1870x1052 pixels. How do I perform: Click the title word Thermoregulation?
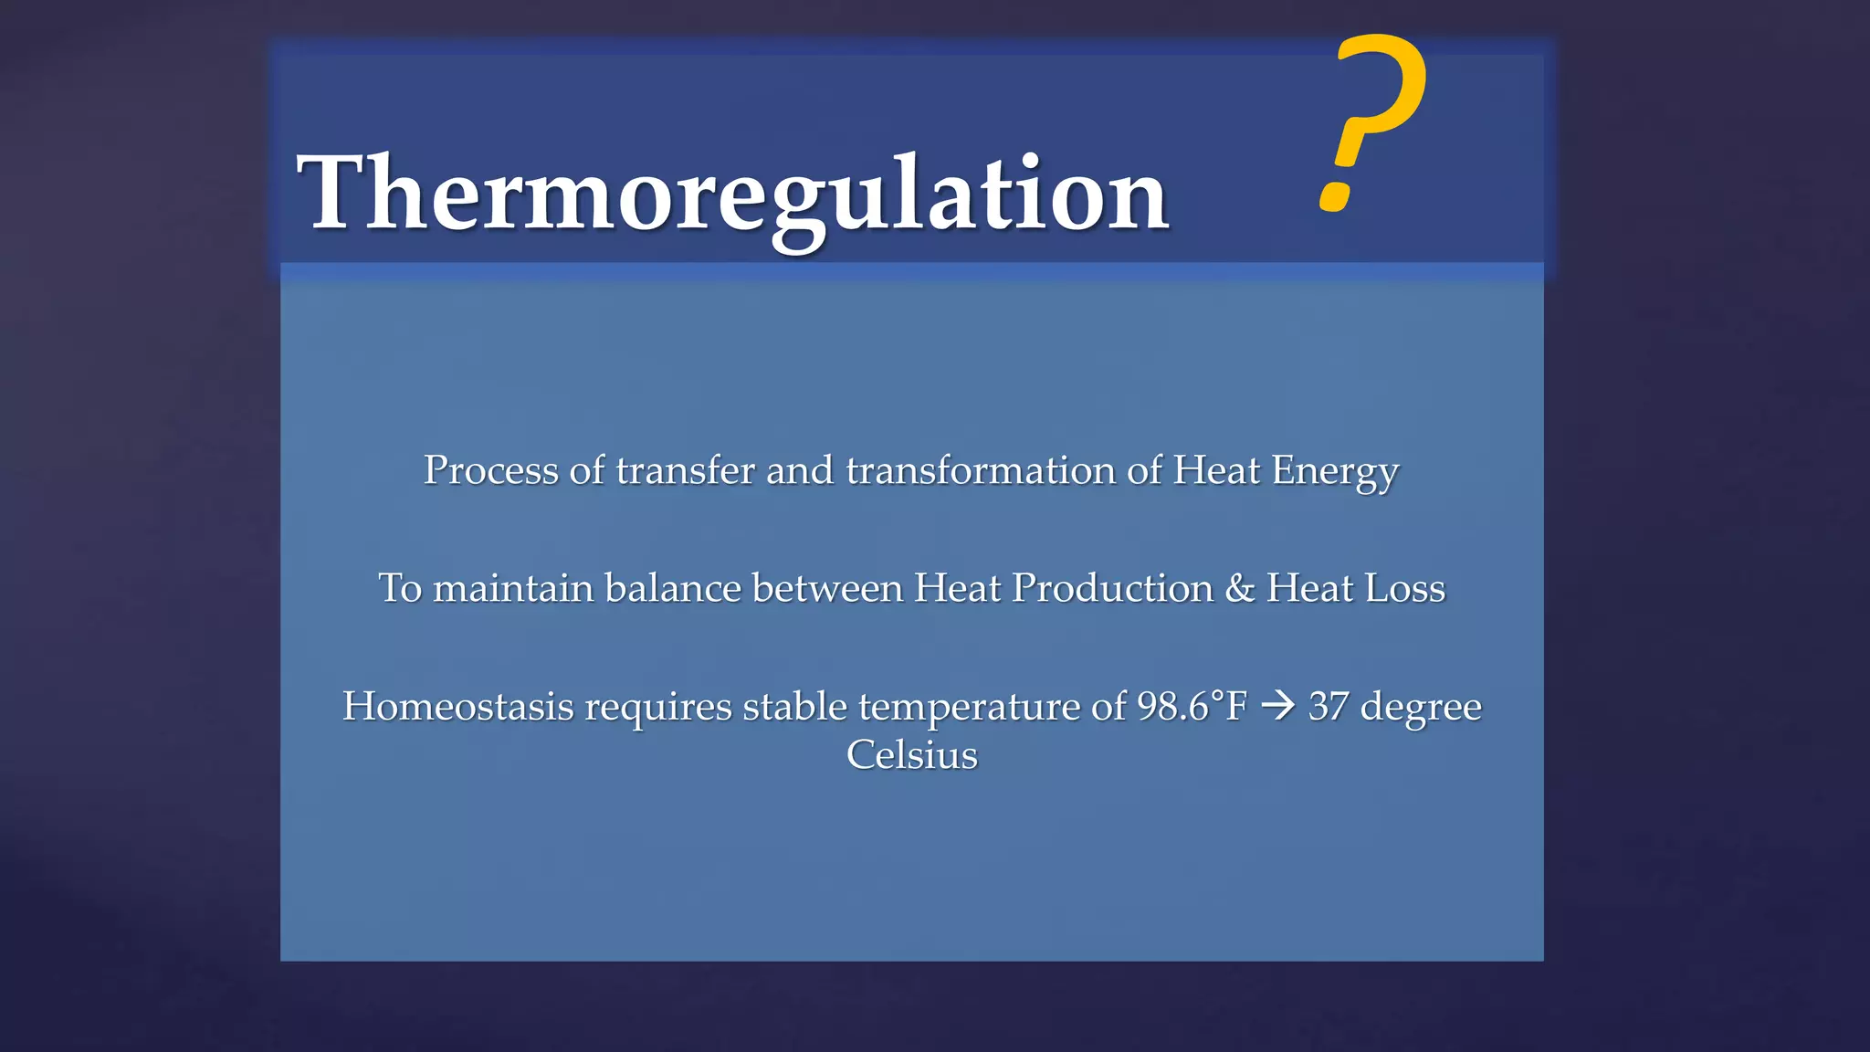(x=732, y=194)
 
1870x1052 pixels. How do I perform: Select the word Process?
(x=490, y=471)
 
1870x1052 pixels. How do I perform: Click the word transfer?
(x=686, y=471)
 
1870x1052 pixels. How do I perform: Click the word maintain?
(x=513, y=589)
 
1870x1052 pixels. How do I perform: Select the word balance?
(x=672, y=589)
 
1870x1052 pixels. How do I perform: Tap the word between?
(x=827, y=589)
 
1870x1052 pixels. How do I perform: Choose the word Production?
(x=1112, y=589)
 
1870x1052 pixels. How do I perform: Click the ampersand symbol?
(x=1240, y=589)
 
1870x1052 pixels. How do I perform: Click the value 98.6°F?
(x=1192, y=707)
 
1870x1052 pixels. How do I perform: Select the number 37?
(x=1329, y=707)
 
